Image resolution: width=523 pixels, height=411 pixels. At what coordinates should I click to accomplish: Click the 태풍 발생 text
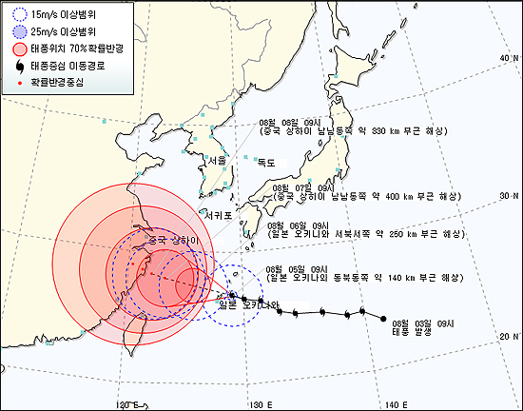coord(412,332)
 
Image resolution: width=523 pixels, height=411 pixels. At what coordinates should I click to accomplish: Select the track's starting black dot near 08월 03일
coord(383,317)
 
